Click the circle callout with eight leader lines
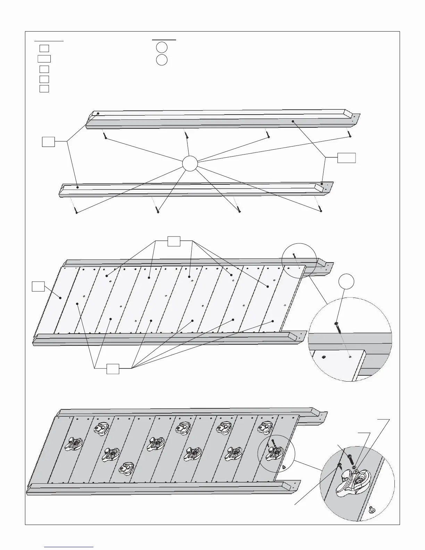[190, 164]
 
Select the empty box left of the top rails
[48, 142]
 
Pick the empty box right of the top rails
[347, 157]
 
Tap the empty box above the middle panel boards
[174, 241]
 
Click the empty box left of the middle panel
[38, 286]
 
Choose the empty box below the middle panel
[113, 369]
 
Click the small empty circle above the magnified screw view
[346, 282]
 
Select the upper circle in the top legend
[161, 47]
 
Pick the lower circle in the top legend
[161, 60]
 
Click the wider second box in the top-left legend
[44, 58]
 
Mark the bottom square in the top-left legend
[44, 89]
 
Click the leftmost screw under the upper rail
[105, 136]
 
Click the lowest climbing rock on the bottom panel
[126, 468]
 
